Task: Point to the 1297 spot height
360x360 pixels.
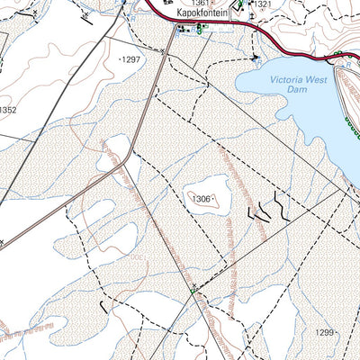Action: tap(131, 59)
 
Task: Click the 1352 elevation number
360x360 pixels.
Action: tap(8, 111)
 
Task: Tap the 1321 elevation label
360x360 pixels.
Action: tap(262, 5)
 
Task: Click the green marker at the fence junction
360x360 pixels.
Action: tap(193, 290)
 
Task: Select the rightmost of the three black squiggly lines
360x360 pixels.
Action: tap(282, 209)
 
